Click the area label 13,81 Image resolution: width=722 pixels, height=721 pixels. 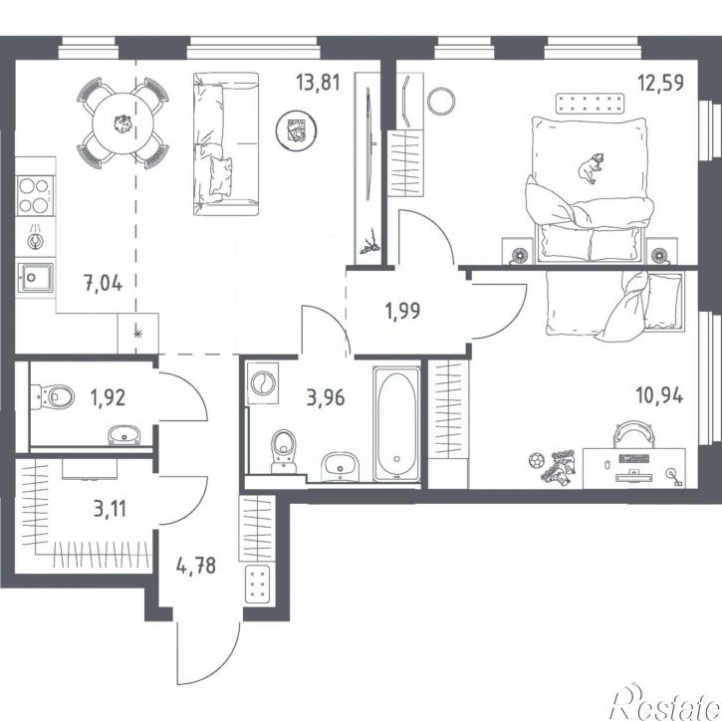pos(318,83)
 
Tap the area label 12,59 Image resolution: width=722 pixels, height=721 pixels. pos(660,84)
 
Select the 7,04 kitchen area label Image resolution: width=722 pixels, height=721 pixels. pos(104,283)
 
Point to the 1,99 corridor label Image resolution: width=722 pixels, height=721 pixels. pos(402,311)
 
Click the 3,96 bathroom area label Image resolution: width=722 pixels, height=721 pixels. pos(326,397)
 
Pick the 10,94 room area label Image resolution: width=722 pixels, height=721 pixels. pos(660,395)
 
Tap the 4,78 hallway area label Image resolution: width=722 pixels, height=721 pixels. pos(196,566)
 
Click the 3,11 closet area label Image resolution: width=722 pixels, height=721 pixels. pos(110,509)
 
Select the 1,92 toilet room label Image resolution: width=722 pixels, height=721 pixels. pos(109,397)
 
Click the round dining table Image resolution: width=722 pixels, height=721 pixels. pos(122,122)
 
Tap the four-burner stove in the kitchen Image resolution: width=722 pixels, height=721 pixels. pos(35,195)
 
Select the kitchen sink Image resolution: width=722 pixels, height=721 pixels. pos(35,277)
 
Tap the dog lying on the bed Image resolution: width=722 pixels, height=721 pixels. pos(591,168)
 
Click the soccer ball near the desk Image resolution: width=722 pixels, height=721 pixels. pos(536,460)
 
